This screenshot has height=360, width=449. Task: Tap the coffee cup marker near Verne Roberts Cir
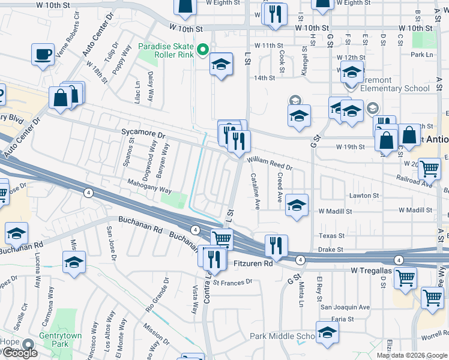coord(43,55)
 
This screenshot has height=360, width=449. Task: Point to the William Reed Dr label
coord(269,164)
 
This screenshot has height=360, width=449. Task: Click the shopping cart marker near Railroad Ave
coord(429,170)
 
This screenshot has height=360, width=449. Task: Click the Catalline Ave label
coord(255,191)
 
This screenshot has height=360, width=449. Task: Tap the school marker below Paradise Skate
coord(221,65)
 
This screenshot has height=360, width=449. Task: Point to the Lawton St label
coord(365,196)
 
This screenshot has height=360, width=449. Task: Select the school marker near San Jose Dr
coord(74,261)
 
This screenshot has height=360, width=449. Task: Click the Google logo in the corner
coord(19,353)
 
